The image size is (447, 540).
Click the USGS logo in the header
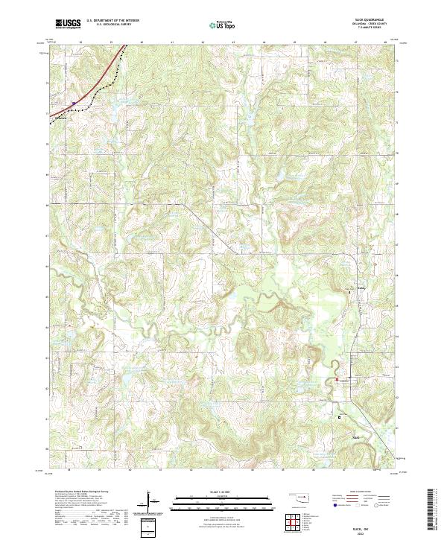click(x=68, y=24)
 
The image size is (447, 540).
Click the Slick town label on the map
click(x=355, y=437)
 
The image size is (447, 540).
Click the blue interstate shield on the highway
click(x=74, y=104)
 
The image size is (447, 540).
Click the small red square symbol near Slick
click(x=340, y=417)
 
